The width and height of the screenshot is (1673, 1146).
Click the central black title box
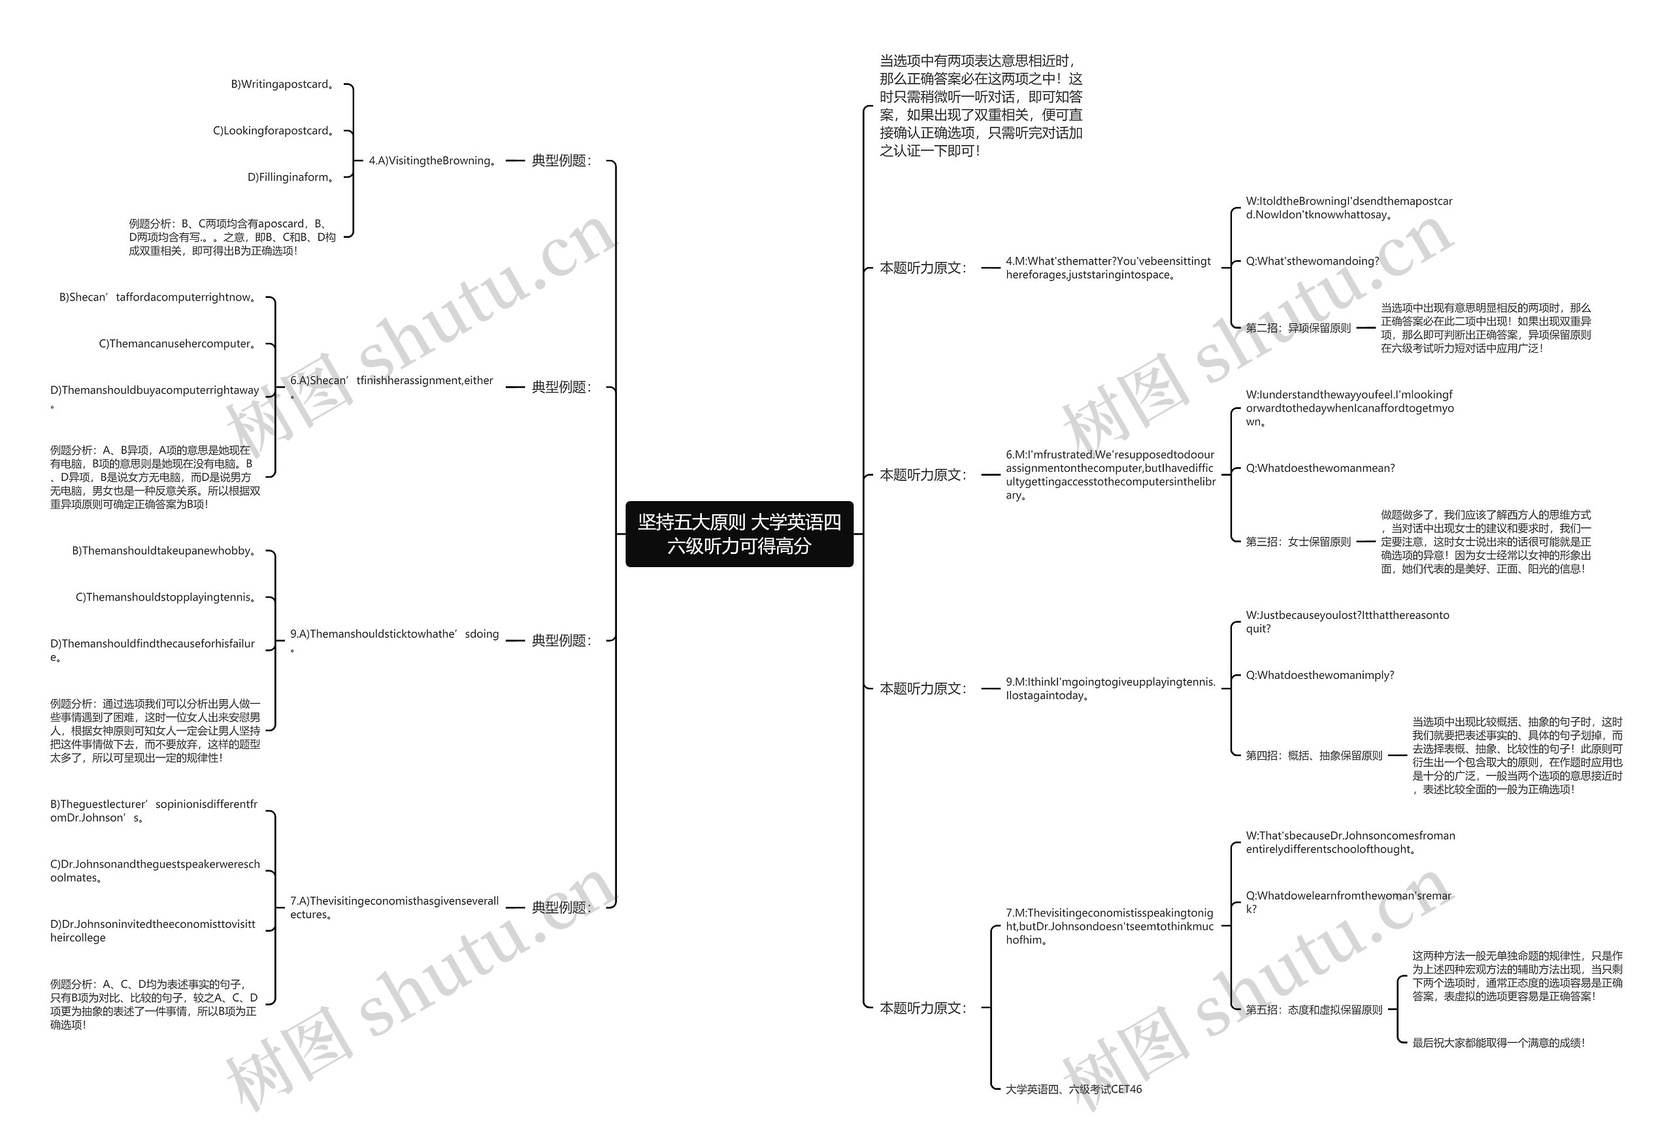738,534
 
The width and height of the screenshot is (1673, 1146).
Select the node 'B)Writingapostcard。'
283,84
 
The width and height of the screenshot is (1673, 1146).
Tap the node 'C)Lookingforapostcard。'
274,131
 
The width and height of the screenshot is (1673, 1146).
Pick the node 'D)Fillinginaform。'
291,177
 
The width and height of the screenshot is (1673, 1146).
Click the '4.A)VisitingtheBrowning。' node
433,161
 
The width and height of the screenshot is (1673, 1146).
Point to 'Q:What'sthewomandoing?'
1312,261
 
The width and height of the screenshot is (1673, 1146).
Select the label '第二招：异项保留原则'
1298,328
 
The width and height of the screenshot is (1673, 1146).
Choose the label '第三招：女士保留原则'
1298,542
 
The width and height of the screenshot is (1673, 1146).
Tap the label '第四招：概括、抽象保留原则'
1314,756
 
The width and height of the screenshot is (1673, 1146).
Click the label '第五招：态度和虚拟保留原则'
1314,1010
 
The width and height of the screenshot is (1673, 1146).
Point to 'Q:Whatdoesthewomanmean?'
1319,468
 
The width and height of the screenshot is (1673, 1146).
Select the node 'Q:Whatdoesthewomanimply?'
1319,675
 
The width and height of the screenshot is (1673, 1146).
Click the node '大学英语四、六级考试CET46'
1073,1089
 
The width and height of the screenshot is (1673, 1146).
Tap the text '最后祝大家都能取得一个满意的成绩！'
1499,1042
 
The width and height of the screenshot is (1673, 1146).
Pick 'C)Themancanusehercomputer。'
178,344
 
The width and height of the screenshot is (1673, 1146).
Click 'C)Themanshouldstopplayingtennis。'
167,597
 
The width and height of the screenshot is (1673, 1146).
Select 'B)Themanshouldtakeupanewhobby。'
165,551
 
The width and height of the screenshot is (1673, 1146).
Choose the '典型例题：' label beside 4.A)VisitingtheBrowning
561,161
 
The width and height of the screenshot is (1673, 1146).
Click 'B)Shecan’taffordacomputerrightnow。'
159,298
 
